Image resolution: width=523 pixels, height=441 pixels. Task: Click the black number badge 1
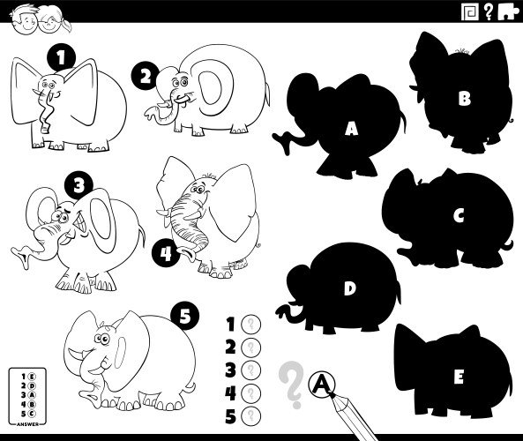pyautogui.click(x=60, y=58)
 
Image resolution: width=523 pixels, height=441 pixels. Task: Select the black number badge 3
pyautogui.click(x=79, y=184)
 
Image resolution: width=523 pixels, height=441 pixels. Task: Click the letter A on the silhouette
pyautogui.click(x=351, y=129)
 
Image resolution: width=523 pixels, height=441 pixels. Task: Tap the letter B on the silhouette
pyautogui.click(x=463, y=99)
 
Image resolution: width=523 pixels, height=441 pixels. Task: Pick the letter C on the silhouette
pyautogui.click(x=458, y=214)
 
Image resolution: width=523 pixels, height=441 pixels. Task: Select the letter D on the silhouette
pyautogui.click(x=349, y=288)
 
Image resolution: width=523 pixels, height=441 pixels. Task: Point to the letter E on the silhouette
pyautogui.click(x=458, y=376)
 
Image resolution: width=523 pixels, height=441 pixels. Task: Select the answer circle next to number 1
pyautogui.click(x=251, y=324)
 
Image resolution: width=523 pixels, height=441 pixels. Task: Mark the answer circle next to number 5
pyautogui.click(x=251, y=415)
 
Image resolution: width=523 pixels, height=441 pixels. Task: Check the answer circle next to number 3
pyautogui.click(x=251, y=369)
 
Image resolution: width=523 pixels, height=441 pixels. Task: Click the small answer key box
pyautogui.click(x=26, y=394)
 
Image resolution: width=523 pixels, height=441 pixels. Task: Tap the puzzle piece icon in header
pyautogui.click(x=507, y=11)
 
